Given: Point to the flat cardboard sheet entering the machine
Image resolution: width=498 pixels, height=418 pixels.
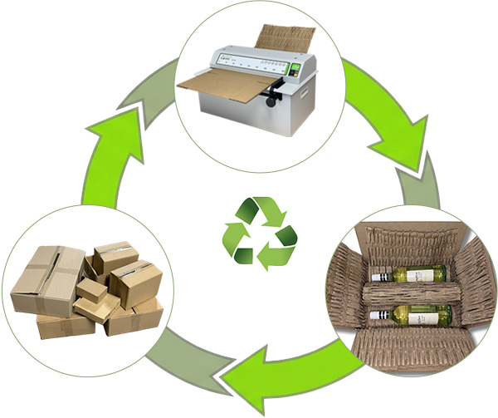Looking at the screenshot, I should pyautogui.click(x=217, y=85).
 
